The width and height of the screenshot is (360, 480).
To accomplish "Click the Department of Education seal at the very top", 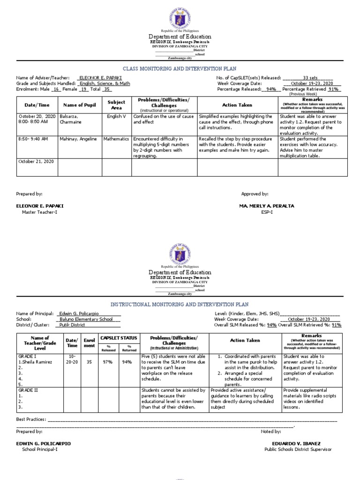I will click(180, 16).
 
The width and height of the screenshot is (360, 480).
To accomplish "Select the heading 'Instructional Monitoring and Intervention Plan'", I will click(180, 304).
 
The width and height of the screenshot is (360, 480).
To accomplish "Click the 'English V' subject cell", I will click(116, 116).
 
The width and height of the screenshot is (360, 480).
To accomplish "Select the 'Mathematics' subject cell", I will click(116, 139).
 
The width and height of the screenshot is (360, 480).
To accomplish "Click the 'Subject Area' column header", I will click(116, 105).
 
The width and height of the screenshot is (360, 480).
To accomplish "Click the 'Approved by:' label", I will click(255, 194).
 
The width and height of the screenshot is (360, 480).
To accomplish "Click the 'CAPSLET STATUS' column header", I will click(120, 337).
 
